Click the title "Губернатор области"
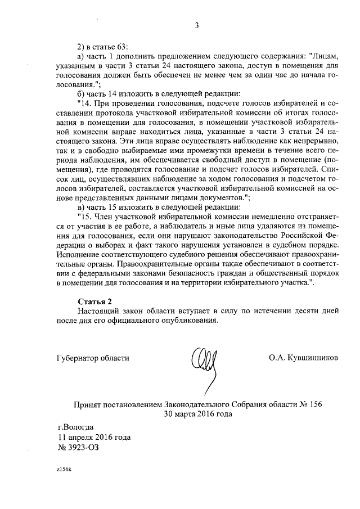click(93, 358)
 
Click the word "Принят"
click(88, 405)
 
